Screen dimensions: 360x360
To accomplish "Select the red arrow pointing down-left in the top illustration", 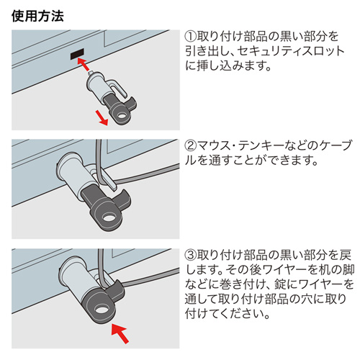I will [102, 118].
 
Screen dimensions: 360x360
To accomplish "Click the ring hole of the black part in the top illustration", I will [130, 111].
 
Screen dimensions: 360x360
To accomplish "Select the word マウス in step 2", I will [215, 144].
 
